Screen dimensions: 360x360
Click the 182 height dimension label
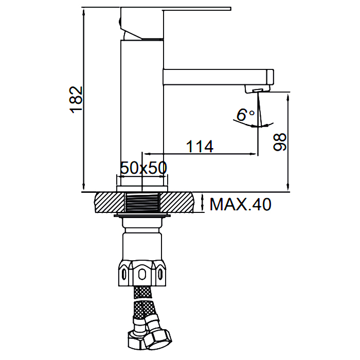tap(76, 100)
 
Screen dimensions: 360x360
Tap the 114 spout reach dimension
tap(200, 146)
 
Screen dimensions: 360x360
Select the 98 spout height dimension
tap(280, 142)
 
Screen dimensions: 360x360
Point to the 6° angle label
tap(245, 115)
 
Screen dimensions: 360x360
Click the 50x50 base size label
tap(143, 168)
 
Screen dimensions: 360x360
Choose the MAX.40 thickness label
tap(240, 204)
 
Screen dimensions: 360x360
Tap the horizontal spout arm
tap(218, 77)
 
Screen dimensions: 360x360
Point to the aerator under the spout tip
tap(257, 89)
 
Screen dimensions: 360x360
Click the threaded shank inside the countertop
tap(142, 202)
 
